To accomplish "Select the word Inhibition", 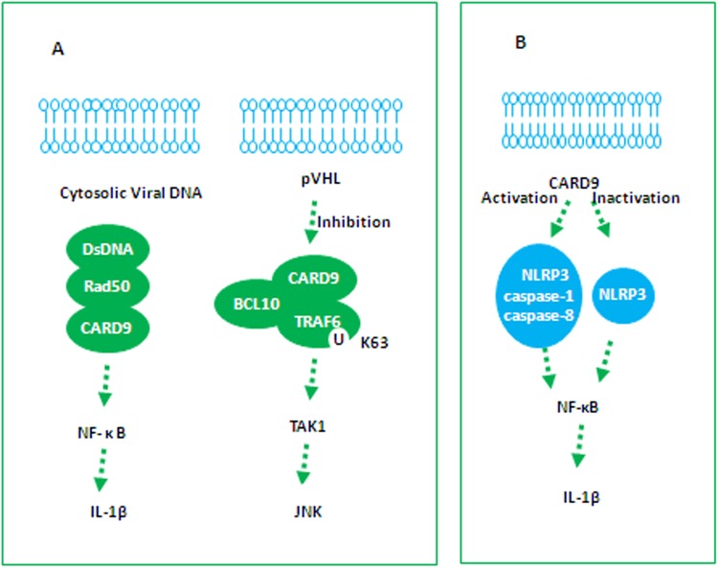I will (355, 221).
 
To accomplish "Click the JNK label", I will (310, 511).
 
